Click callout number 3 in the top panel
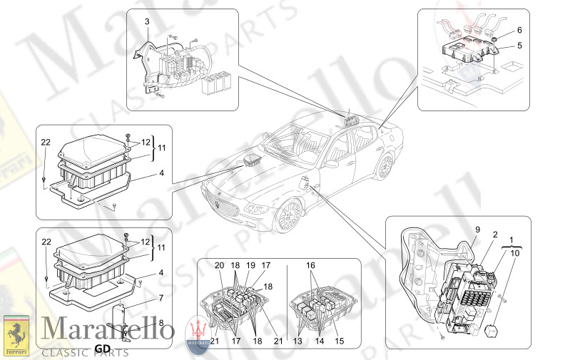click(147, 22)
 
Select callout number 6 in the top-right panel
click(519, 30)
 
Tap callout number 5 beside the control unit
click(519, 44)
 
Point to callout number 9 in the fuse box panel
click(477, 230)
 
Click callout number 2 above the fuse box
click(494, 235)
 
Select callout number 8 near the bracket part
click(161, 323)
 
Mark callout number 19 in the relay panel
click(250, 265)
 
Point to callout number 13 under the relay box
click(298, 341)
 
